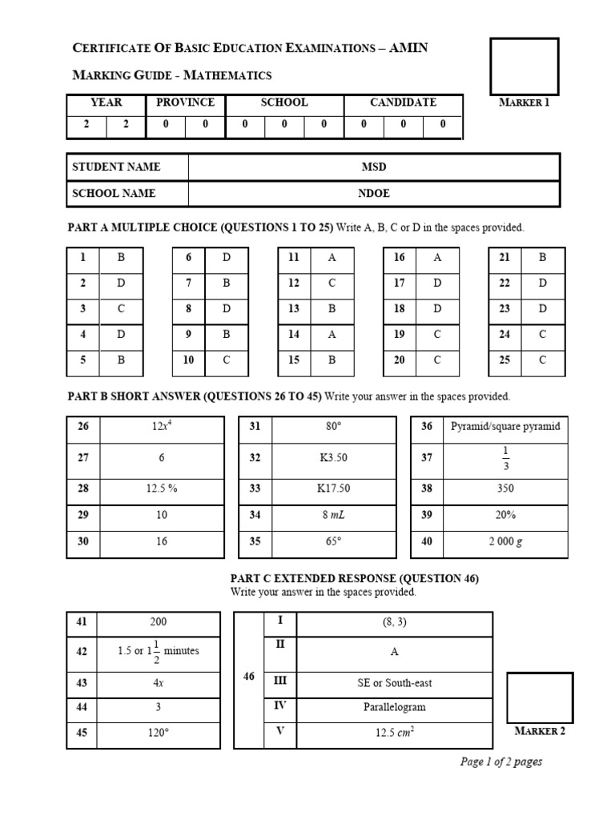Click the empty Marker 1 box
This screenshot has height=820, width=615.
(524, 65)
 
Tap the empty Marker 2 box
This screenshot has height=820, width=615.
(540, 698)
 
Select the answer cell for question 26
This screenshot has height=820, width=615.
(162, 427)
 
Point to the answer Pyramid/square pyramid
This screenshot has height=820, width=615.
(505, 427)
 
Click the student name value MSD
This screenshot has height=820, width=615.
(373, 167)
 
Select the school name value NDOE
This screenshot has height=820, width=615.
(373, 193)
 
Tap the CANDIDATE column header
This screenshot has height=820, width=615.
(403, 102)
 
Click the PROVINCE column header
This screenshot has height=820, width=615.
(185, 102)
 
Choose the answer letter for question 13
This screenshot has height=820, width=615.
(332, 309)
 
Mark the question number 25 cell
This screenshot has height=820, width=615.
(504, 360)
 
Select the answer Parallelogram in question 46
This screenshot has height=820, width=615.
(394, 707)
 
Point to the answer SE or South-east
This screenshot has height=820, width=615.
(394, 682)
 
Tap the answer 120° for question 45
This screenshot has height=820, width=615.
(162, 734)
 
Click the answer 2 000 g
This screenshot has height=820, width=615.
(505, 541)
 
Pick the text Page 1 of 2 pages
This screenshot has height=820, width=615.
(501, 762)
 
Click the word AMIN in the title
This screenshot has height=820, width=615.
(408, 48)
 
